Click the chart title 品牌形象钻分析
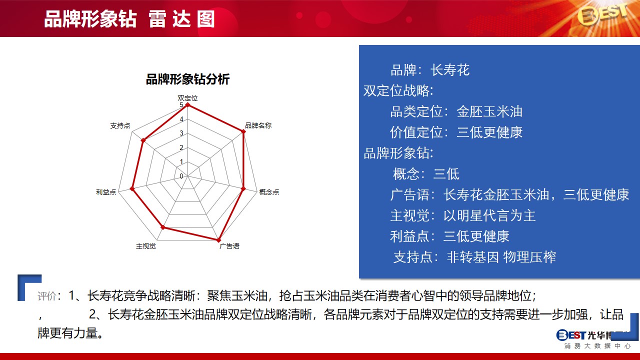pos(187,79)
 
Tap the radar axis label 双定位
pos(187,98)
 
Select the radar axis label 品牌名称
pos(258,125)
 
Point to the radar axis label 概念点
pos(269,191)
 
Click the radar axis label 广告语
pos(229,245)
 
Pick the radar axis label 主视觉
pos(145,246)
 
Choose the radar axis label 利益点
pos(106,191)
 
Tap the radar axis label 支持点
pos(120,125)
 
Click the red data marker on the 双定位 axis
pos(187,105)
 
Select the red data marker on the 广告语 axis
pos(219,240)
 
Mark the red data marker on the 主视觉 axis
pos(163,227)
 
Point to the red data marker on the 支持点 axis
pos(143,140)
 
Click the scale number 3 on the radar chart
pos(181,133)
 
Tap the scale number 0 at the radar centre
pos(181,176)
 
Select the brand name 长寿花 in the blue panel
pos(450,70)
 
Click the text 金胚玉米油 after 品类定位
pos(489,111)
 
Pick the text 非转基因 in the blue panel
pos(473,257)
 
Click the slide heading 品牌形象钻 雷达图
pos(129,19)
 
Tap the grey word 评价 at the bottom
pos(47,296)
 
